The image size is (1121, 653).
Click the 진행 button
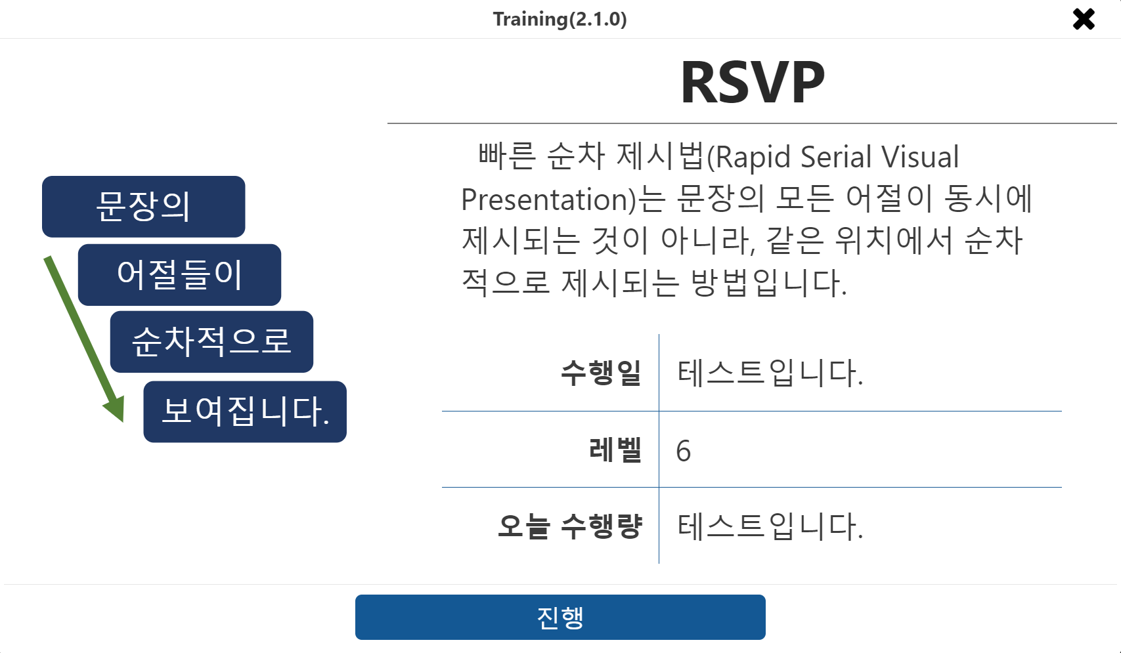560,617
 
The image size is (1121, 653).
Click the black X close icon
1084,20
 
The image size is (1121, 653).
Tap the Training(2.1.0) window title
560,19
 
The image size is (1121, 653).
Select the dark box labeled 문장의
144,207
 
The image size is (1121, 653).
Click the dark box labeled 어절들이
180,274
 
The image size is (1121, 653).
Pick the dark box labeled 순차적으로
211,341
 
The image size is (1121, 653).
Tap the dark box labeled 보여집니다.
245,411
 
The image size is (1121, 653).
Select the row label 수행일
601,373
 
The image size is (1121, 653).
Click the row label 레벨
615,450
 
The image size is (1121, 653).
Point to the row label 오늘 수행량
570,526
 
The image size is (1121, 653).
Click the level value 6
684,451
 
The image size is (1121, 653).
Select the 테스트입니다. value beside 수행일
770,373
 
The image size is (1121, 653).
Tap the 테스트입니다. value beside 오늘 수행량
770,526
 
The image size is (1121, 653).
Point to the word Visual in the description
920,156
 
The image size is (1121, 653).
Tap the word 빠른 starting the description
507,156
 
